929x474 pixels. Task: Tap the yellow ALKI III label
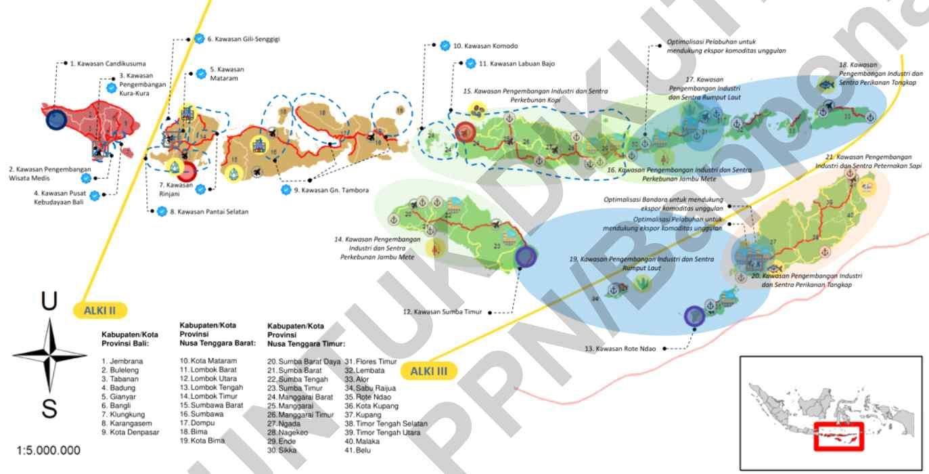tap(429, 371)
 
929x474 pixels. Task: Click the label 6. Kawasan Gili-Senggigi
tap(244, 39)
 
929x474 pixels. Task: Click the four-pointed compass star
tap(49, 354)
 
